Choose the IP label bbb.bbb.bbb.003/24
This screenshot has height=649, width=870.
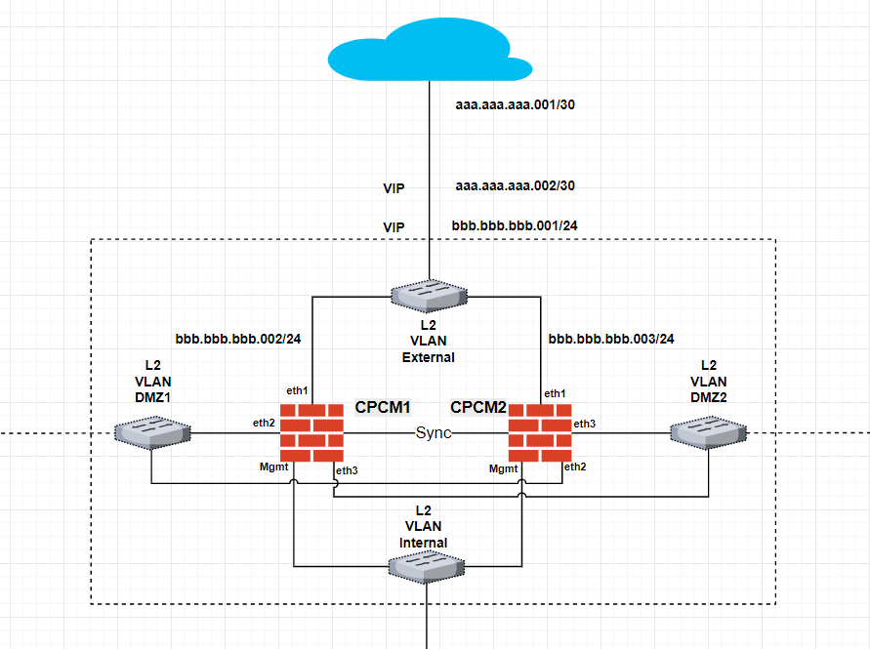(x=611, y=339)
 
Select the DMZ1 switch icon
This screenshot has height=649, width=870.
(x=151, y=432)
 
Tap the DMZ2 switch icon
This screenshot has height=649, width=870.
(x=708, y=432)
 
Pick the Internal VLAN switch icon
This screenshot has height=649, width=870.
(x=427, y=566)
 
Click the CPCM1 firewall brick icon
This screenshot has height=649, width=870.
(x=312, y=432)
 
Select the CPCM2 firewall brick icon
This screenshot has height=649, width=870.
(x=539, y=432)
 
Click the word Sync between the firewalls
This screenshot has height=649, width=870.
(x=434, y=433)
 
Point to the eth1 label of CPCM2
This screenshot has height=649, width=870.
(x=555, y=392)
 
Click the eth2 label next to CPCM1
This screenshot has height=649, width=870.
(x=264, y=424)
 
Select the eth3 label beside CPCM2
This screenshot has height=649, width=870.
(x=584, y=424)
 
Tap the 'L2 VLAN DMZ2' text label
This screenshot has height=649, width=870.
(x=708, y=382)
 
